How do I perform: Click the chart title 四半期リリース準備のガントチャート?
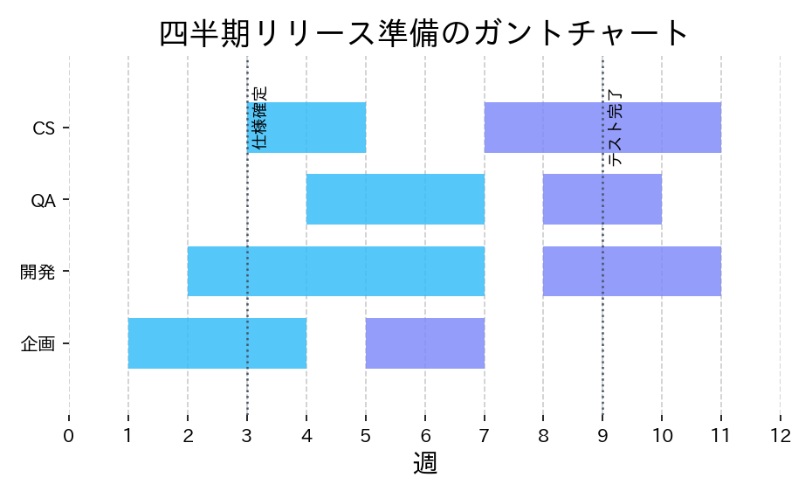coord(424,33)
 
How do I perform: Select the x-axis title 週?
coord(424,464)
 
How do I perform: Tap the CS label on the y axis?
coord(44,128)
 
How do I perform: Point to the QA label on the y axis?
coord(44,200)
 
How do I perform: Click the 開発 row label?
coord(38,272)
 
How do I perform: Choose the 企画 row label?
coord(38,343)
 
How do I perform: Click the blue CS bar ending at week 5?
coord(307,128)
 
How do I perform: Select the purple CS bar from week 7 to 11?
coord(602,128)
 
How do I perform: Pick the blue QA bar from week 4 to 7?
coord(396,199)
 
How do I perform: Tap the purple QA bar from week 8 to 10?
coord(602,199)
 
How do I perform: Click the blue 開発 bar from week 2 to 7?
coord(336,271)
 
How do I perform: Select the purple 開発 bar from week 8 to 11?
coord(632,271)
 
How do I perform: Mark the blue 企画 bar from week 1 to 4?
coord(217,342)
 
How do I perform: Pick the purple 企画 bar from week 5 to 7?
coord(425,342)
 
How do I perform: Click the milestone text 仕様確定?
coord(259,118)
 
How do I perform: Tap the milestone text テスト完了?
coord(616,128)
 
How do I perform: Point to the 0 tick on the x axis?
coord(69,436)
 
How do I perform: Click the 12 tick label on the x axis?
coord(780,436)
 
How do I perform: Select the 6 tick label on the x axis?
coord(425,436)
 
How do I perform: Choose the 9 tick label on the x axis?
coord(602,436)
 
